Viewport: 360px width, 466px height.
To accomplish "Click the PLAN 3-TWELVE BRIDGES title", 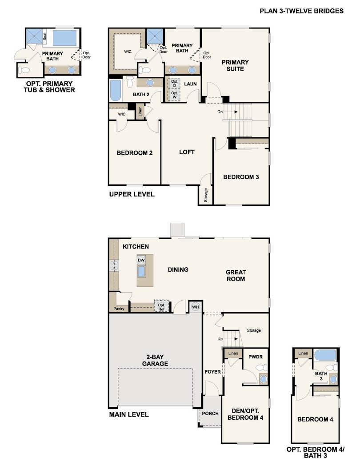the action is [x=301, y=11].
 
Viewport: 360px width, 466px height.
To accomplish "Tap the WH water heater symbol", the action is [x=195, y=307].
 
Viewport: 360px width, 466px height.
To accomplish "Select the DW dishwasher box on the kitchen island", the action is [x=141, y=260].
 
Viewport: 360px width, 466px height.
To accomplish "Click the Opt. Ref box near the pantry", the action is [x=161, y=307].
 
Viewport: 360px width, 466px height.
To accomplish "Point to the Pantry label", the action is [x=119, y=309].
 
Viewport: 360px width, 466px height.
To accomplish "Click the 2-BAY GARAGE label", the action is [x=155, y=360].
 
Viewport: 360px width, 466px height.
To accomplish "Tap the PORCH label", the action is [x=210, y=414].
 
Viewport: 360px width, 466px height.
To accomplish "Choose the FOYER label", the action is [x=213, y=372].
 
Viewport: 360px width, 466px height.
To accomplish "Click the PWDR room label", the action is [x=256, y=357].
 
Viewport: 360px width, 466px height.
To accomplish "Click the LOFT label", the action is [x=187, y=152].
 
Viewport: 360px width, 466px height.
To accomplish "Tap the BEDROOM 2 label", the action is [x=135, y=153].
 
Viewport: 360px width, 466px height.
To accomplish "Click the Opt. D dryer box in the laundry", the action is [x=174, y=84].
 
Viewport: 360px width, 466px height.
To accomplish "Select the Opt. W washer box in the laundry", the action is [x=174, y=95].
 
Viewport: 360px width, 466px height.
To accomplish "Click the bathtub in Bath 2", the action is [x=116, y=90].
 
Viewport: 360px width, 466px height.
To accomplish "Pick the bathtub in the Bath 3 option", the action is [x=325, y=355].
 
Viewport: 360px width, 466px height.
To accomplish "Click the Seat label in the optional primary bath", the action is [x=45, y=36].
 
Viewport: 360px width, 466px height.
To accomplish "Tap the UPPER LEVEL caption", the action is [x=132, y=194].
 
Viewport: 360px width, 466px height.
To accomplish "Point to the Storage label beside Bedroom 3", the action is [x=206, y=195].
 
